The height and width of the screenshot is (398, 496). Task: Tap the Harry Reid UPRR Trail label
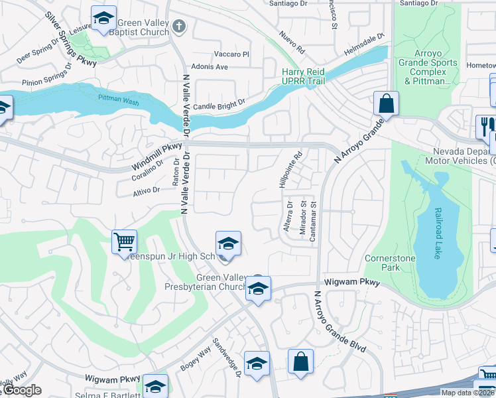point(305,76)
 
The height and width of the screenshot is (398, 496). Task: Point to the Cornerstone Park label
point(383,263)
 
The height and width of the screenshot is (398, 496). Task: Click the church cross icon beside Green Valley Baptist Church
point(177,27)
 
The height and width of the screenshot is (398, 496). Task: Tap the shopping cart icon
point(124,241)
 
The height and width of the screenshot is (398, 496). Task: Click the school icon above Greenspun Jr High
point(227,243)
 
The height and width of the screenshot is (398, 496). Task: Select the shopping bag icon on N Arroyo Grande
point(385,103)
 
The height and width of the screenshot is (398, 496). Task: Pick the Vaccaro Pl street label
point(231,54)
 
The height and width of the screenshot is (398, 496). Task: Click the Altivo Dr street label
point(147,190)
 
